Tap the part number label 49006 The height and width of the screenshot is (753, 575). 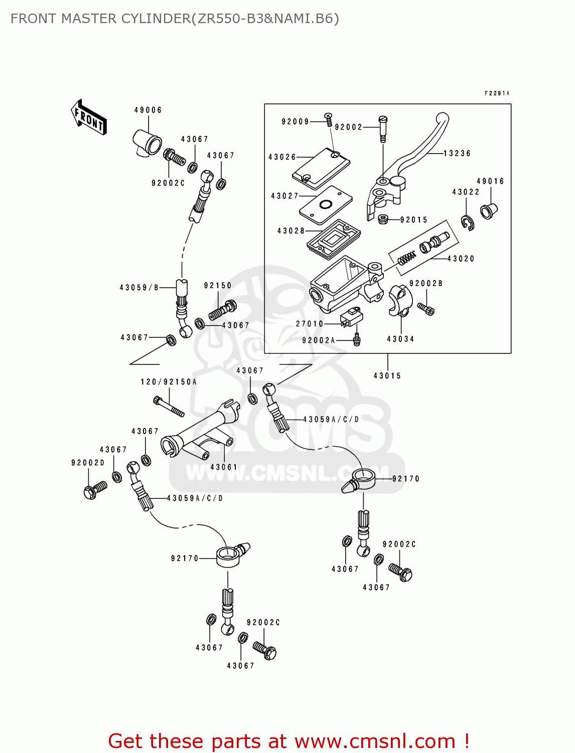coord(148,110)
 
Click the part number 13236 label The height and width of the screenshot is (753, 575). coord(457,154)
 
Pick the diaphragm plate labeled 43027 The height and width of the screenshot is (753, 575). coord(326,205)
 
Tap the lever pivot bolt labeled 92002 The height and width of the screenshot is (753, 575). coord(383,128)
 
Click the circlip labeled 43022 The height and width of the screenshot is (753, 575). coord(468,222)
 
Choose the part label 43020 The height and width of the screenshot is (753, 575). coord(461,259)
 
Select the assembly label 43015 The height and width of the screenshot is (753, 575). coord(387,375)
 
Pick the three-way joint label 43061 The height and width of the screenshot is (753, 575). coord(224,467)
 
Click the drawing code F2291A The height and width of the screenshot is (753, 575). coord(497,93)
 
